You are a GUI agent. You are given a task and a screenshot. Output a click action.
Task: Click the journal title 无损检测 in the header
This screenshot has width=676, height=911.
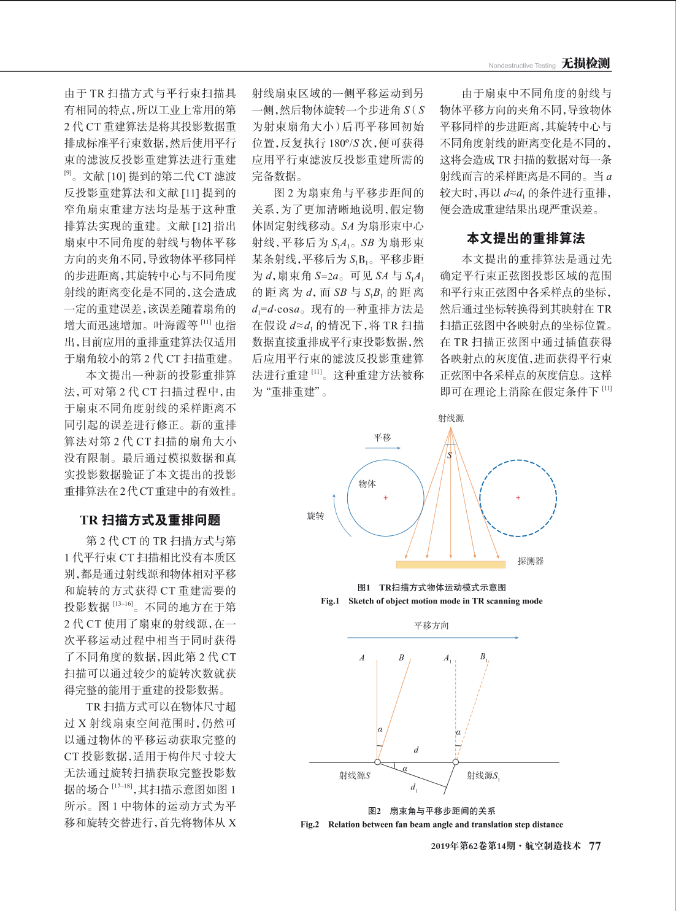(x=586, y=63)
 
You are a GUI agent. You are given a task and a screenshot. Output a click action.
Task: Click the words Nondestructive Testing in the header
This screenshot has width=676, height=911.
(x=522, y=66)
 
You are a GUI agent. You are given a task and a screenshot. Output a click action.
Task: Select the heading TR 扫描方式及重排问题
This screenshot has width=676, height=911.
(x=150, y=520)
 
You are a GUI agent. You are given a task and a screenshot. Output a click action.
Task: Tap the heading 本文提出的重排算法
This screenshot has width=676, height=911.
(x=526, y=238)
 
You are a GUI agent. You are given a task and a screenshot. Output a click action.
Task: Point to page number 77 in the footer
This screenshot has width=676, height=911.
(x=595, y=846)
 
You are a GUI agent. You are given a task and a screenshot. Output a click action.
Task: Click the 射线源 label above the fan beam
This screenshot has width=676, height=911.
(x=451, y=418)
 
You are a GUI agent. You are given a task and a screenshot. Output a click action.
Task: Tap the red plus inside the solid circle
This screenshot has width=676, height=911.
(x=386, y=498)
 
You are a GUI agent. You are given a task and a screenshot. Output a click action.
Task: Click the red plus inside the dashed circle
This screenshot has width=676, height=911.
(x=518, y=498)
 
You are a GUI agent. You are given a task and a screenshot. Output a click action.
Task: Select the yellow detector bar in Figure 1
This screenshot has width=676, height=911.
(x=450, y=564)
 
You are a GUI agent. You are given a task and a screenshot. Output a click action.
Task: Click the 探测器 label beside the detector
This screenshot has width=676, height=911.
(x=531, y=561)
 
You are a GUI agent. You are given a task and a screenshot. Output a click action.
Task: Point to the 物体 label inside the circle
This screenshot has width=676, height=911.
(x=367, y=484)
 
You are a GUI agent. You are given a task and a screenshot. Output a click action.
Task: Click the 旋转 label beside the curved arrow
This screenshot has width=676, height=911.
(x=315, y=516)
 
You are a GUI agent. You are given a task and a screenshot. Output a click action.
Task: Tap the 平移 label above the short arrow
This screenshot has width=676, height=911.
(x=382, y=438)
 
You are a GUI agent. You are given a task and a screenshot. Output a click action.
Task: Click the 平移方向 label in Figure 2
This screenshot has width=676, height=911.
(x=431, y=626)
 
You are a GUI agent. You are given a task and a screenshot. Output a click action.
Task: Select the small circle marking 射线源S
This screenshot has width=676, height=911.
(x=378, y=762)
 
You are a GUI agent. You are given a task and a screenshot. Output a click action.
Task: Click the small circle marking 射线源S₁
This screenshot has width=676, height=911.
(x=456, y=762)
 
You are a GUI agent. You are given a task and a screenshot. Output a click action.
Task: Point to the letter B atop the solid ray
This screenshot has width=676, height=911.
(x=401, y=657)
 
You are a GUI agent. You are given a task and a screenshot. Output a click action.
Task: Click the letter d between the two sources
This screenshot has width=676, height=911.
(x=417, y=750)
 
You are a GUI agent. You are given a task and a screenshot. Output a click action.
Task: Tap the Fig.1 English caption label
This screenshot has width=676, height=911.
(x=330, y=601)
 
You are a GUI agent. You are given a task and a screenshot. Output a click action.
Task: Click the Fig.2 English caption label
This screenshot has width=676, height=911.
(x=310, y=824)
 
